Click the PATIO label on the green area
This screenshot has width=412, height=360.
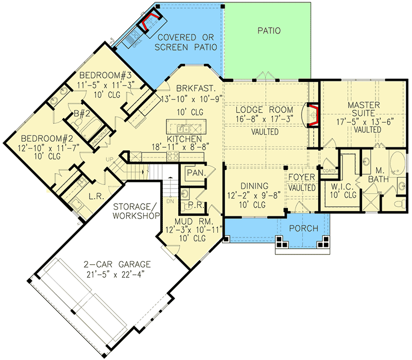point(268,31)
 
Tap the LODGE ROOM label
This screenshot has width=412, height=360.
point(264,110)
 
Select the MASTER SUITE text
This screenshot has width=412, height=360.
point(363,110)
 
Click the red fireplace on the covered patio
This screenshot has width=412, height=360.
point(151,22)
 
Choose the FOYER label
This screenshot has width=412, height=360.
point(301,179)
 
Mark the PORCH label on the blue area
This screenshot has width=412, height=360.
point(303,229)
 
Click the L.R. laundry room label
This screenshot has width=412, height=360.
point(95,196)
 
